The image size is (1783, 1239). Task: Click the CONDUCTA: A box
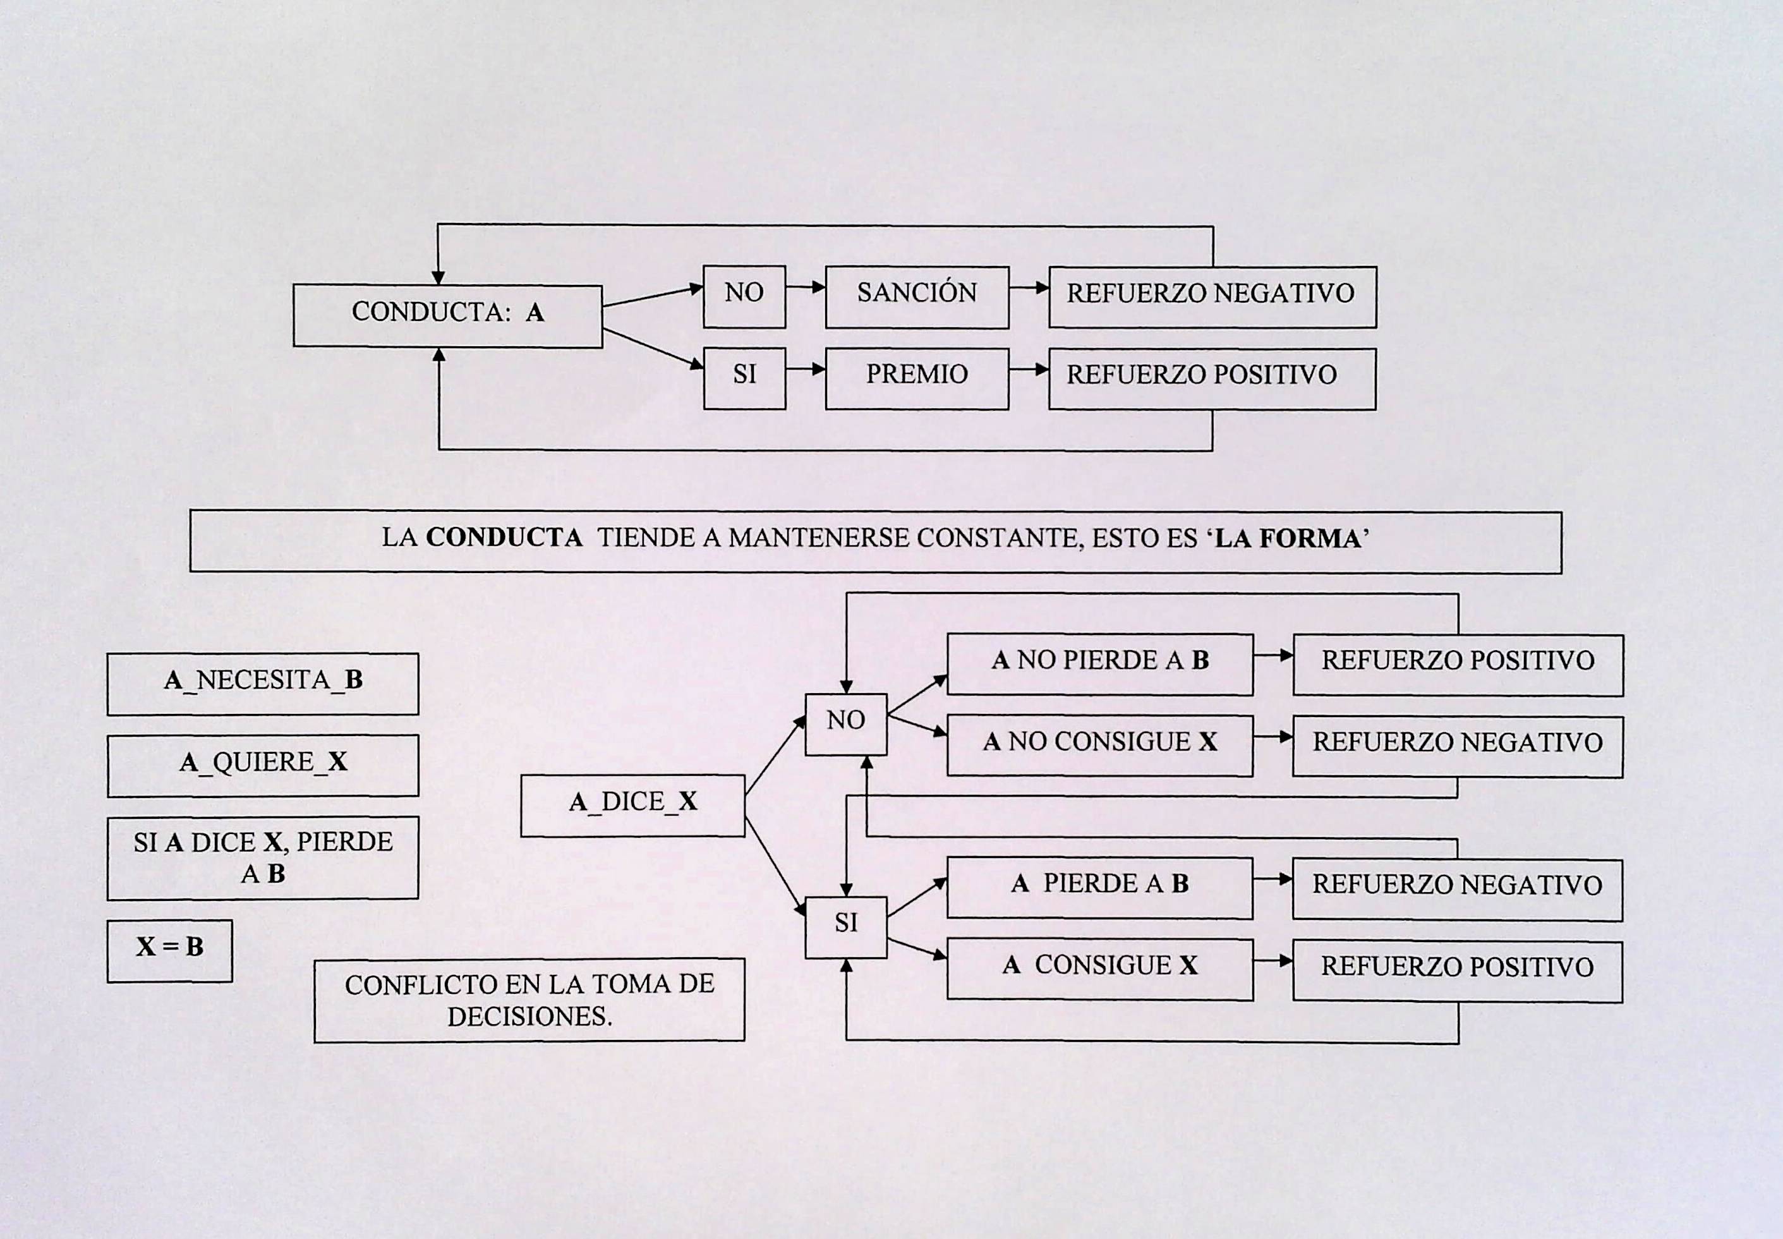tap(447, 315)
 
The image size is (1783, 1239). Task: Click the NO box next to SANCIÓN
tap(744, 296)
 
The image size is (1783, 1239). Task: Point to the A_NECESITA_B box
tap(262, 683)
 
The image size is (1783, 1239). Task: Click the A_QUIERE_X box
tap(262, 765)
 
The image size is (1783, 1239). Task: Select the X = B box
tap(169, 950)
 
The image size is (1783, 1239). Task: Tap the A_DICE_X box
tap(632, 805)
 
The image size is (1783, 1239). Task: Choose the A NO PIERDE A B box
tap(1099, 664)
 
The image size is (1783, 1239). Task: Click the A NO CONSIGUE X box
tap(1099, 746)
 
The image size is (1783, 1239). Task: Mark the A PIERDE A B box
tap(1099, 887)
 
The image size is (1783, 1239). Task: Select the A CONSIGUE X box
tap(1099, 969)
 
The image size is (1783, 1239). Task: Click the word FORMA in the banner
tap(1310, 539)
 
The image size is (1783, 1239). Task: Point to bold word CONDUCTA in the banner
tap(504, 537)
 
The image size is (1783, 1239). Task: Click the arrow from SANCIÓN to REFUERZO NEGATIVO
tap(1029, 287)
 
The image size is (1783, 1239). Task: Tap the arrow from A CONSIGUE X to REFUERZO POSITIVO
tap(1272, 961)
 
